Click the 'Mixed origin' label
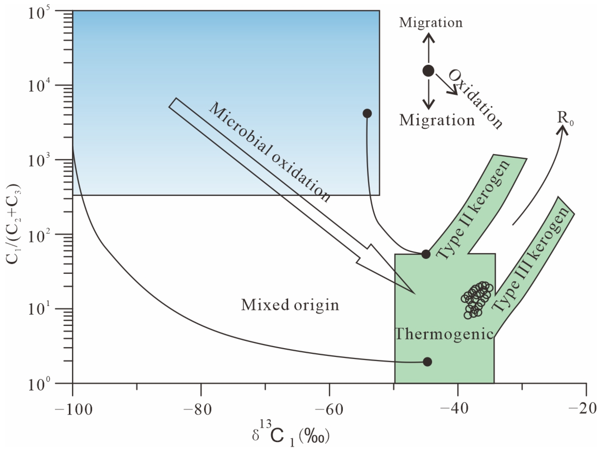pos(290,305)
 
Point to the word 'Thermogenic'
pos(444,334)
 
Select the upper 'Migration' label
pos(431,23)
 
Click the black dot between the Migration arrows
pos(428,71)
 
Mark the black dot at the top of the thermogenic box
pos(426,254)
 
